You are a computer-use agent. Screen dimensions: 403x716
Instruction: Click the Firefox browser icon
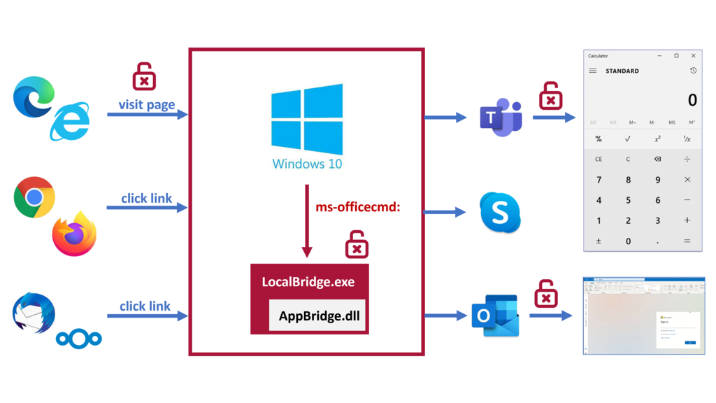tap(74, 234)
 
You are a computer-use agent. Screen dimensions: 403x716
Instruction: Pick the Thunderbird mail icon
tap(34, 313)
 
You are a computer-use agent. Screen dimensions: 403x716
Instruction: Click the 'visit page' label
tap(147, 105)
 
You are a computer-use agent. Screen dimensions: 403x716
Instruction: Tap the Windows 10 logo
tap(307, 120)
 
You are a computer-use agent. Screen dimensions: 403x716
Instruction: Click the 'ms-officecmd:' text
tap(358, 206)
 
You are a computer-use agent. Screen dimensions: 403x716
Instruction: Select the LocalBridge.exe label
tap(308, 282)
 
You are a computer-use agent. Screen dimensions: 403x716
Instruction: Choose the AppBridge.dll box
tap(319, 316)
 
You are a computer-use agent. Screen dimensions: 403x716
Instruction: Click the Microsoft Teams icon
tap(501, 118)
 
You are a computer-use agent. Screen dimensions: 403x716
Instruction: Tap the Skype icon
tap(500, 213)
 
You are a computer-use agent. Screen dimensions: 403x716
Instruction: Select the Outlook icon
tap(494, 316)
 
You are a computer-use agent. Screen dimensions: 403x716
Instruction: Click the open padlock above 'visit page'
tap(144, 76)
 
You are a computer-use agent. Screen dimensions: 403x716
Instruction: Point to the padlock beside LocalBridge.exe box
tap(357, 244)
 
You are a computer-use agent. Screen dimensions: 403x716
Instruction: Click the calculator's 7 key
tap(599, 180)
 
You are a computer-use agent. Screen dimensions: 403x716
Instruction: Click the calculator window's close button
tap(693, 56)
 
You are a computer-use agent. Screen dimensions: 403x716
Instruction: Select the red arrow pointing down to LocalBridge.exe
tap(306, 221)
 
